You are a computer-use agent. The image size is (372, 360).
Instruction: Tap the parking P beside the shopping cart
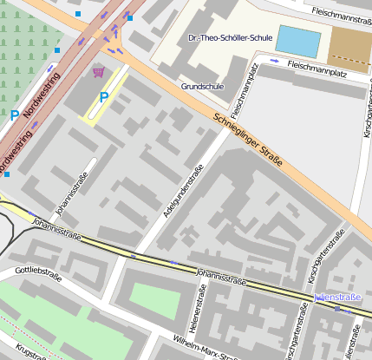point(104,97)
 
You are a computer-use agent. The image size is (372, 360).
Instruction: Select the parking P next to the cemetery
point(14,115)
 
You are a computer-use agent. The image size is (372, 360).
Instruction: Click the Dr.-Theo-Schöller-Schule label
point(230,38)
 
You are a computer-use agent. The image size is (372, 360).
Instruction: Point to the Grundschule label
point(202,87)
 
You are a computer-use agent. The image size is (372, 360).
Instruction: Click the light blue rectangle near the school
point(297,40)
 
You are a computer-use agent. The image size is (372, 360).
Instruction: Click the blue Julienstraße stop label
point(336,297)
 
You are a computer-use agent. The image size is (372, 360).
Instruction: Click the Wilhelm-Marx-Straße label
point(206,346)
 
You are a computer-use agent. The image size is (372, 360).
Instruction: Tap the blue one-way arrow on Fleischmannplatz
point(274,61)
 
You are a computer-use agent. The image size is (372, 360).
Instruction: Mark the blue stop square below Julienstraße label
point(336,310)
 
